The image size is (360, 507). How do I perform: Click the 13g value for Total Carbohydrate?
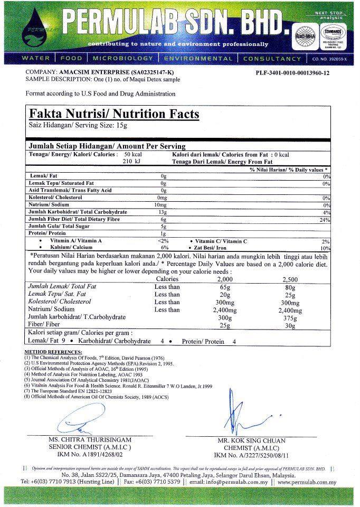point(163,212)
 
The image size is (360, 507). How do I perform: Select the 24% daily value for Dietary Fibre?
point(325,219)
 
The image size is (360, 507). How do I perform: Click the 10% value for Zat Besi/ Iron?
point(325,248)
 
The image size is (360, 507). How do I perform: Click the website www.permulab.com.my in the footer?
point(307,482)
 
